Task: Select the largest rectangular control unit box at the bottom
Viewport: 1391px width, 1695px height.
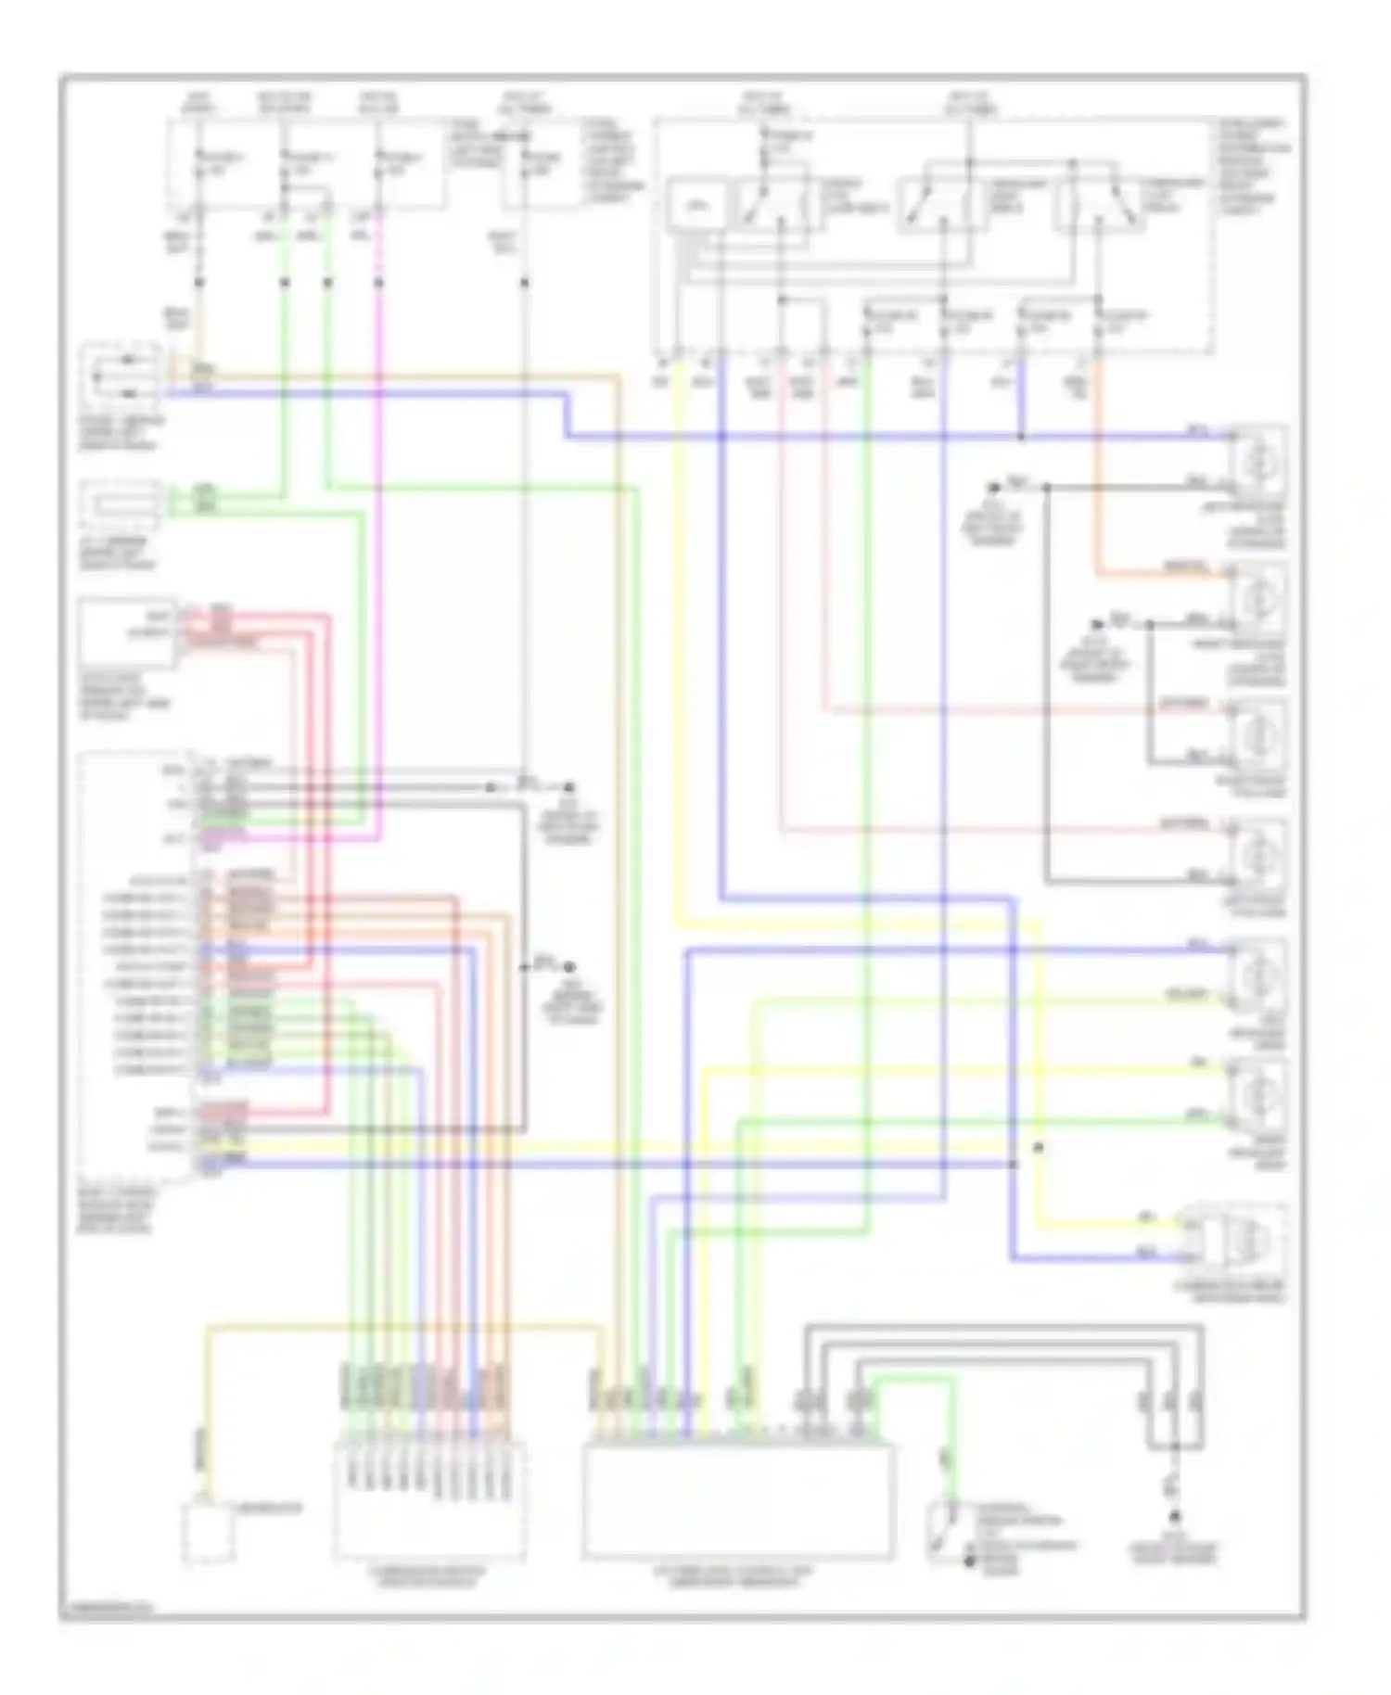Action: pyautogui.click(x=738, y=1499)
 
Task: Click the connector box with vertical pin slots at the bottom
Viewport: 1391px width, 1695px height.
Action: pyautogui.click(x=429, y=1499)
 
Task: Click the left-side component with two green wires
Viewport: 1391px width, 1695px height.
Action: pyautogui.click(x=121, y=505)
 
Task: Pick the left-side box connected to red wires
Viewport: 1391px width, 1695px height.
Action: pyautogui.click(x=127, y=632)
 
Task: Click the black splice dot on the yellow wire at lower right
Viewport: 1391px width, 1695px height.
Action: pyautogui.click(x=1039, y=1148)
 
